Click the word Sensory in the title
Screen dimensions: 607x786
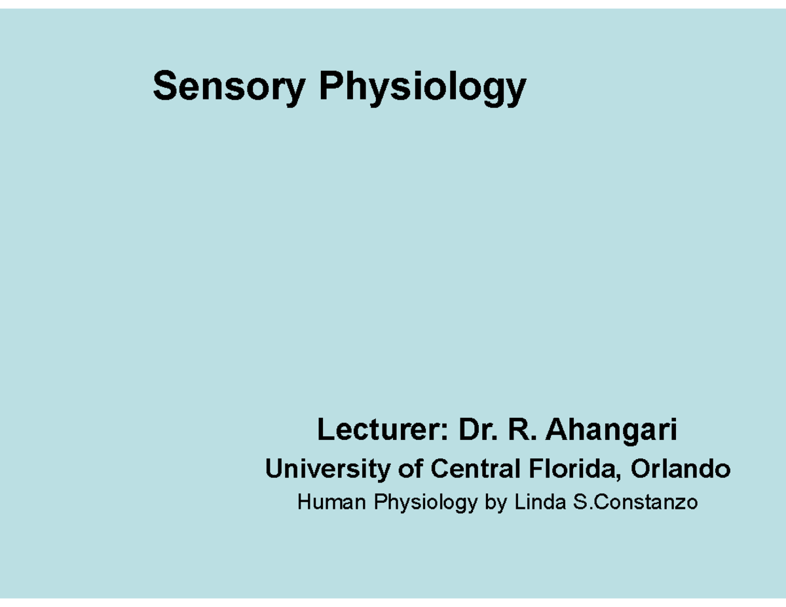tap(228, 87)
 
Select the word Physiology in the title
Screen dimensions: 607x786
tap(422, 87)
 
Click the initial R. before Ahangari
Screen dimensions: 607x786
tap(523, 431)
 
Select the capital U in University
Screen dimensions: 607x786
tap(272, 469)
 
